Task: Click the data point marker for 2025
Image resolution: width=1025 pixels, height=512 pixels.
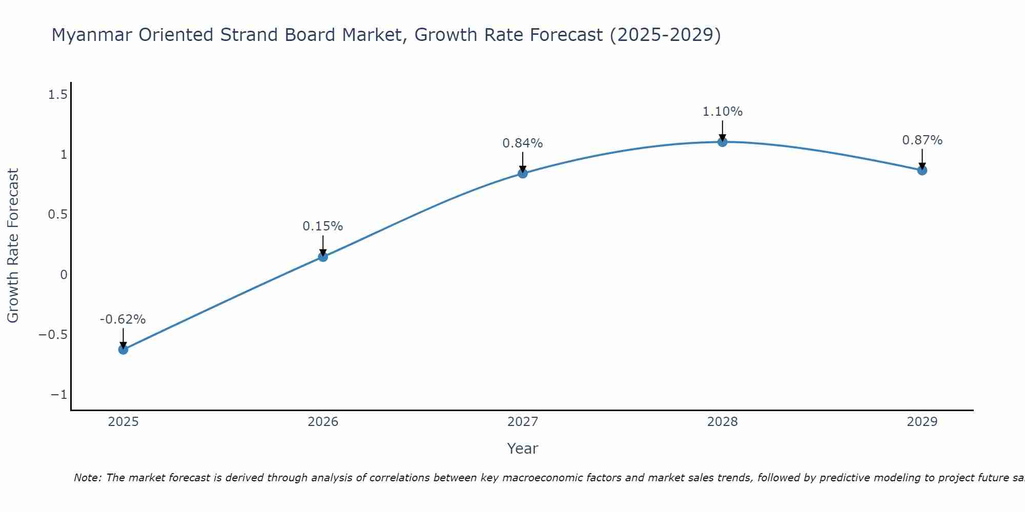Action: point(123,350)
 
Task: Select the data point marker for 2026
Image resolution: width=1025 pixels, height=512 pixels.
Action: point(323,257)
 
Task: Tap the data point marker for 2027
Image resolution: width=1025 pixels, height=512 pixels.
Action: point(523,174)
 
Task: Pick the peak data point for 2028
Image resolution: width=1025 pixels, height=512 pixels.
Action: point(722,142)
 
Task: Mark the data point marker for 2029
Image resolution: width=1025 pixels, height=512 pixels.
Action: point(922,170)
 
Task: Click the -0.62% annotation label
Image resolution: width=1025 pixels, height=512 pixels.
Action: point(123,319)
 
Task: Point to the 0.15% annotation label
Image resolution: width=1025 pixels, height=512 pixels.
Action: point(323,226)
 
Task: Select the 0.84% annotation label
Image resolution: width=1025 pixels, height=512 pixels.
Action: point(523,143)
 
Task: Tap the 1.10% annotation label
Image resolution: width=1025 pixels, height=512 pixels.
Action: point(722,112)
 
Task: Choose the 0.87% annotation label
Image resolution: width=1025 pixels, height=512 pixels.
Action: point(922,140)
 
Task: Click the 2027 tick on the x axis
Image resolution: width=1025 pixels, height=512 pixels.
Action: point(523,422)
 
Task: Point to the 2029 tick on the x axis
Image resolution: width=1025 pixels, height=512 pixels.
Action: point(922,422)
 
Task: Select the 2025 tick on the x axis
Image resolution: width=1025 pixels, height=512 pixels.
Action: point(123,422)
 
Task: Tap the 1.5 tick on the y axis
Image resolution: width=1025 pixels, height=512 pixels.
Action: point(57,94)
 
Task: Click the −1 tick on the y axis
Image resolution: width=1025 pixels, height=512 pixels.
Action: point(59,395)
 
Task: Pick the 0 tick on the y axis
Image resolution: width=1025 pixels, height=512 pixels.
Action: point(64,275)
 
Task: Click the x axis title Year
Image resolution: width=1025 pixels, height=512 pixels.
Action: point(523,449)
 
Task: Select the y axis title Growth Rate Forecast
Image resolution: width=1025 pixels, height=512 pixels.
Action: point(13,246)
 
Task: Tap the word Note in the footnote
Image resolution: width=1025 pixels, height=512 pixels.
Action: point(87,478)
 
